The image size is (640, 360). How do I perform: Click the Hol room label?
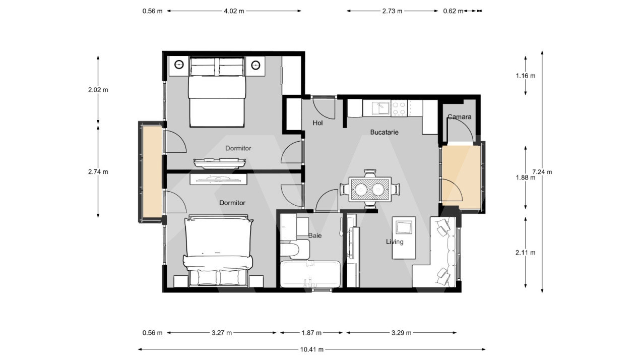click(317, 123)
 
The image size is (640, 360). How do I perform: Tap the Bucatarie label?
click(385, 132)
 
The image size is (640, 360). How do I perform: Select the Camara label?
click(459, 117)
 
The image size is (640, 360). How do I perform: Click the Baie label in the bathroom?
click(315, 235)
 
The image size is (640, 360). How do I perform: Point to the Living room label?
click(395, 242)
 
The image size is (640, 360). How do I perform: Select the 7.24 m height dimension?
click(542, 171)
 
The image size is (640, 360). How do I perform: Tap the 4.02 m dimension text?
click(234, 11)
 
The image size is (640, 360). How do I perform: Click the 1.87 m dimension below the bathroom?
click(311, 333)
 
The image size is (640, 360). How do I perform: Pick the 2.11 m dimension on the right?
click(525, 253)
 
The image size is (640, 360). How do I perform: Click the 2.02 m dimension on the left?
click(98, 90)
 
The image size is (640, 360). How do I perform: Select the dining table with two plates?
click(370, 189)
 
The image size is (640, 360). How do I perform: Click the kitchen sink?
click(380, 108)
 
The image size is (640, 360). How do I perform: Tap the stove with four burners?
click(399, 108)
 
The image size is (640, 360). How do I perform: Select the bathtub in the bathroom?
click(310, 274)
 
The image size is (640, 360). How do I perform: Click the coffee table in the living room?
click(404, 227)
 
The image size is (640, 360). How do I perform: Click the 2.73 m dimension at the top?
click(392, 11)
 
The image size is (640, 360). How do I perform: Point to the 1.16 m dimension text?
click(525, 76)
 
